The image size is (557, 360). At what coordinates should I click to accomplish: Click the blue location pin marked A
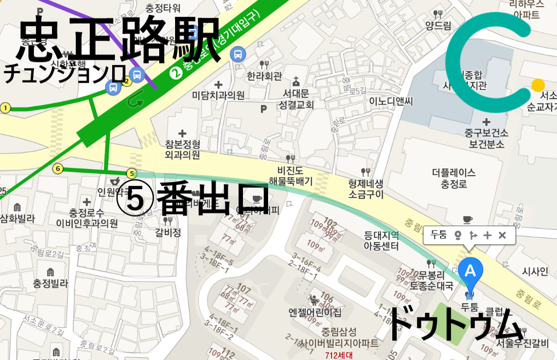(x=470, y=271)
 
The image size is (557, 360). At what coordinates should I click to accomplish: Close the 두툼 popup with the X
(x=502, y=235)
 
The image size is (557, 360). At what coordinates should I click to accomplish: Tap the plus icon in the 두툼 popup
(x=488, y=235)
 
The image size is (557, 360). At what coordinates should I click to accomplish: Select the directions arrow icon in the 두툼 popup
(x=473, y=235)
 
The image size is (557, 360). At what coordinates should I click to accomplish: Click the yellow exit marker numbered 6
(x=58, y=169)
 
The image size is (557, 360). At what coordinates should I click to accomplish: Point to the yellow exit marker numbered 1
(x=6, y=108)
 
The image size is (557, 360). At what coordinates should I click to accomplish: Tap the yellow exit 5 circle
(x=131, y=173)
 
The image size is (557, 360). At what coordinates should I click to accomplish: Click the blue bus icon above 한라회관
(x=238, y=54)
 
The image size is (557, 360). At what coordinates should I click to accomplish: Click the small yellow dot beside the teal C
(x=538, y=85)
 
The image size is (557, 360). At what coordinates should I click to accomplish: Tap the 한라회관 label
(x=264, y=76)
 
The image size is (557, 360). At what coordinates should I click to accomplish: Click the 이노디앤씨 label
(x=391, y=101)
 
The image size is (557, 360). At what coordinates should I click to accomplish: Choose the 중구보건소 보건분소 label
(x=486, y=138)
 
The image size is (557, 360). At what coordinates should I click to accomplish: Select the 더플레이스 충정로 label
(x=454, y=178)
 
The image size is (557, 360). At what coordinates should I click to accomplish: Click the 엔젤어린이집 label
(x=315, y=312)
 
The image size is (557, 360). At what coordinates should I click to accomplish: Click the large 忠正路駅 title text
(x=118, y=38)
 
